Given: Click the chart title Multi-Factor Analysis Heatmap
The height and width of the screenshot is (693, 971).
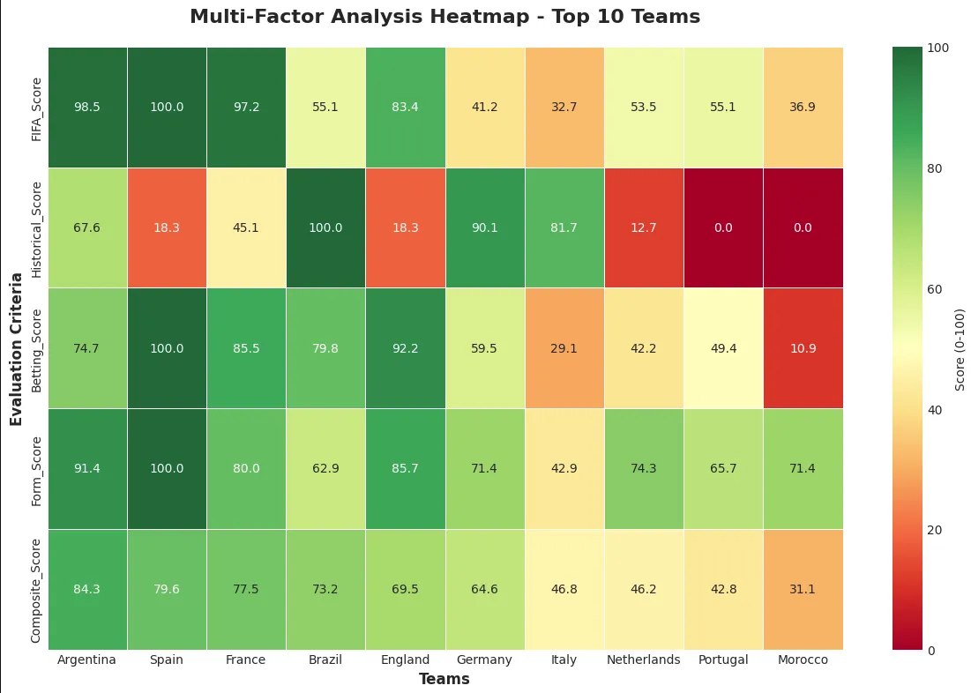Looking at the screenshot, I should pos(444,17).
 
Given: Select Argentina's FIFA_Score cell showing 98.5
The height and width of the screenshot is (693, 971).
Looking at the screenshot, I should pos(87,107).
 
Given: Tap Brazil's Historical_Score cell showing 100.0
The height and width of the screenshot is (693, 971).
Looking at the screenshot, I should pos(325,227).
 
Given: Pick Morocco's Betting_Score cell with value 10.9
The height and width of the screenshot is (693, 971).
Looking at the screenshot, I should pos(803,348).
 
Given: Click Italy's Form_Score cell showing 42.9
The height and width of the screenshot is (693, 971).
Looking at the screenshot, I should pos(564,468).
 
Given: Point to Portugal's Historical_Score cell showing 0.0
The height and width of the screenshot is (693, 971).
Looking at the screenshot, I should pos(723,227).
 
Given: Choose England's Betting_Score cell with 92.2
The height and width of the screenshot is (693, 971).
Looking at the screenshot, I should pos(405,348).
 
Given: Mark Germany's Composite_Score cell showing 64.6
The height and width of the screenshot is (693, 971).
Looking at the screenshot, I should pos(484,589).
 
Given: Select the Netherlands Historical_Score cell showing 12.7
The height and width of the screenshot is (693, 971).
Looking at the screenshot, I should pos(644,227).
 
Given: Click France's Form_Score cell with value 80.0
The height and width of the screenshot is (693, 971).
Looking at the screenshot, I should pos(246,468).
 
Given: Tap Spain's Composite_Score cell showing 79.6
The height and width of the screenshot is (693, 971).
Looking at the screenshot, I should pos(167,589).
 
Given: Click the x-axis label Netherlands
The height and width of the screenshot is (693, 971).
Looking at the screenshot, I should pos(644,660).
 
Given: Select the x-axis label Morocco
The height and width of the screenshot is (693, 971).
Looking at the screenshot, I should pos(803,660).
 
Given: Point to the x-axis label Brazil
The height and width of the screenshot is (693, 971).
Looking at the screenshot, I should pos(325,660).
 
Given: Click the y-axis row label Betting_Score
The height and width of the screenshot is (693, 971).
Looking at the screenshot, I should pos(36,348).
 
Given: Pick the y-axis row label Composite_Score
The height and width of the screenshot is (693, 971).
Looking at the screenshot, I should pos(36,589).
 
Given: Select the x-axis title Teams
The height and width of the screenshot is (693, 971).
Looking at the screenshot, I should pos(444,679).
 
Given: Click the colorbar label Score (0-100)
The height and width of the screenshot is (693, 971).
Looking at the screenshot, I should pos(960,348).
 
